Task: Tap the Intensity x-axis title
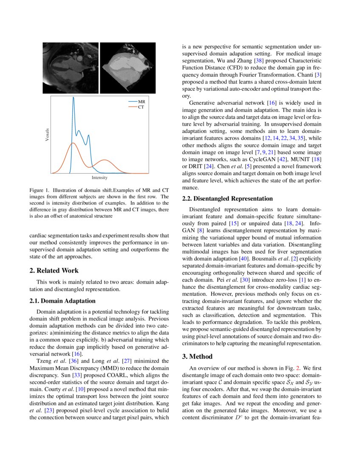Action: point(99,177)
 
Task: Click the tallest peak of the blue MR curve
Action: point(73,98)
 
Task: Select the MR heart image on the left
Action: point(71,68)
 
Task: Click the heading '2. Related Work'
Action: point(54,270)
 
